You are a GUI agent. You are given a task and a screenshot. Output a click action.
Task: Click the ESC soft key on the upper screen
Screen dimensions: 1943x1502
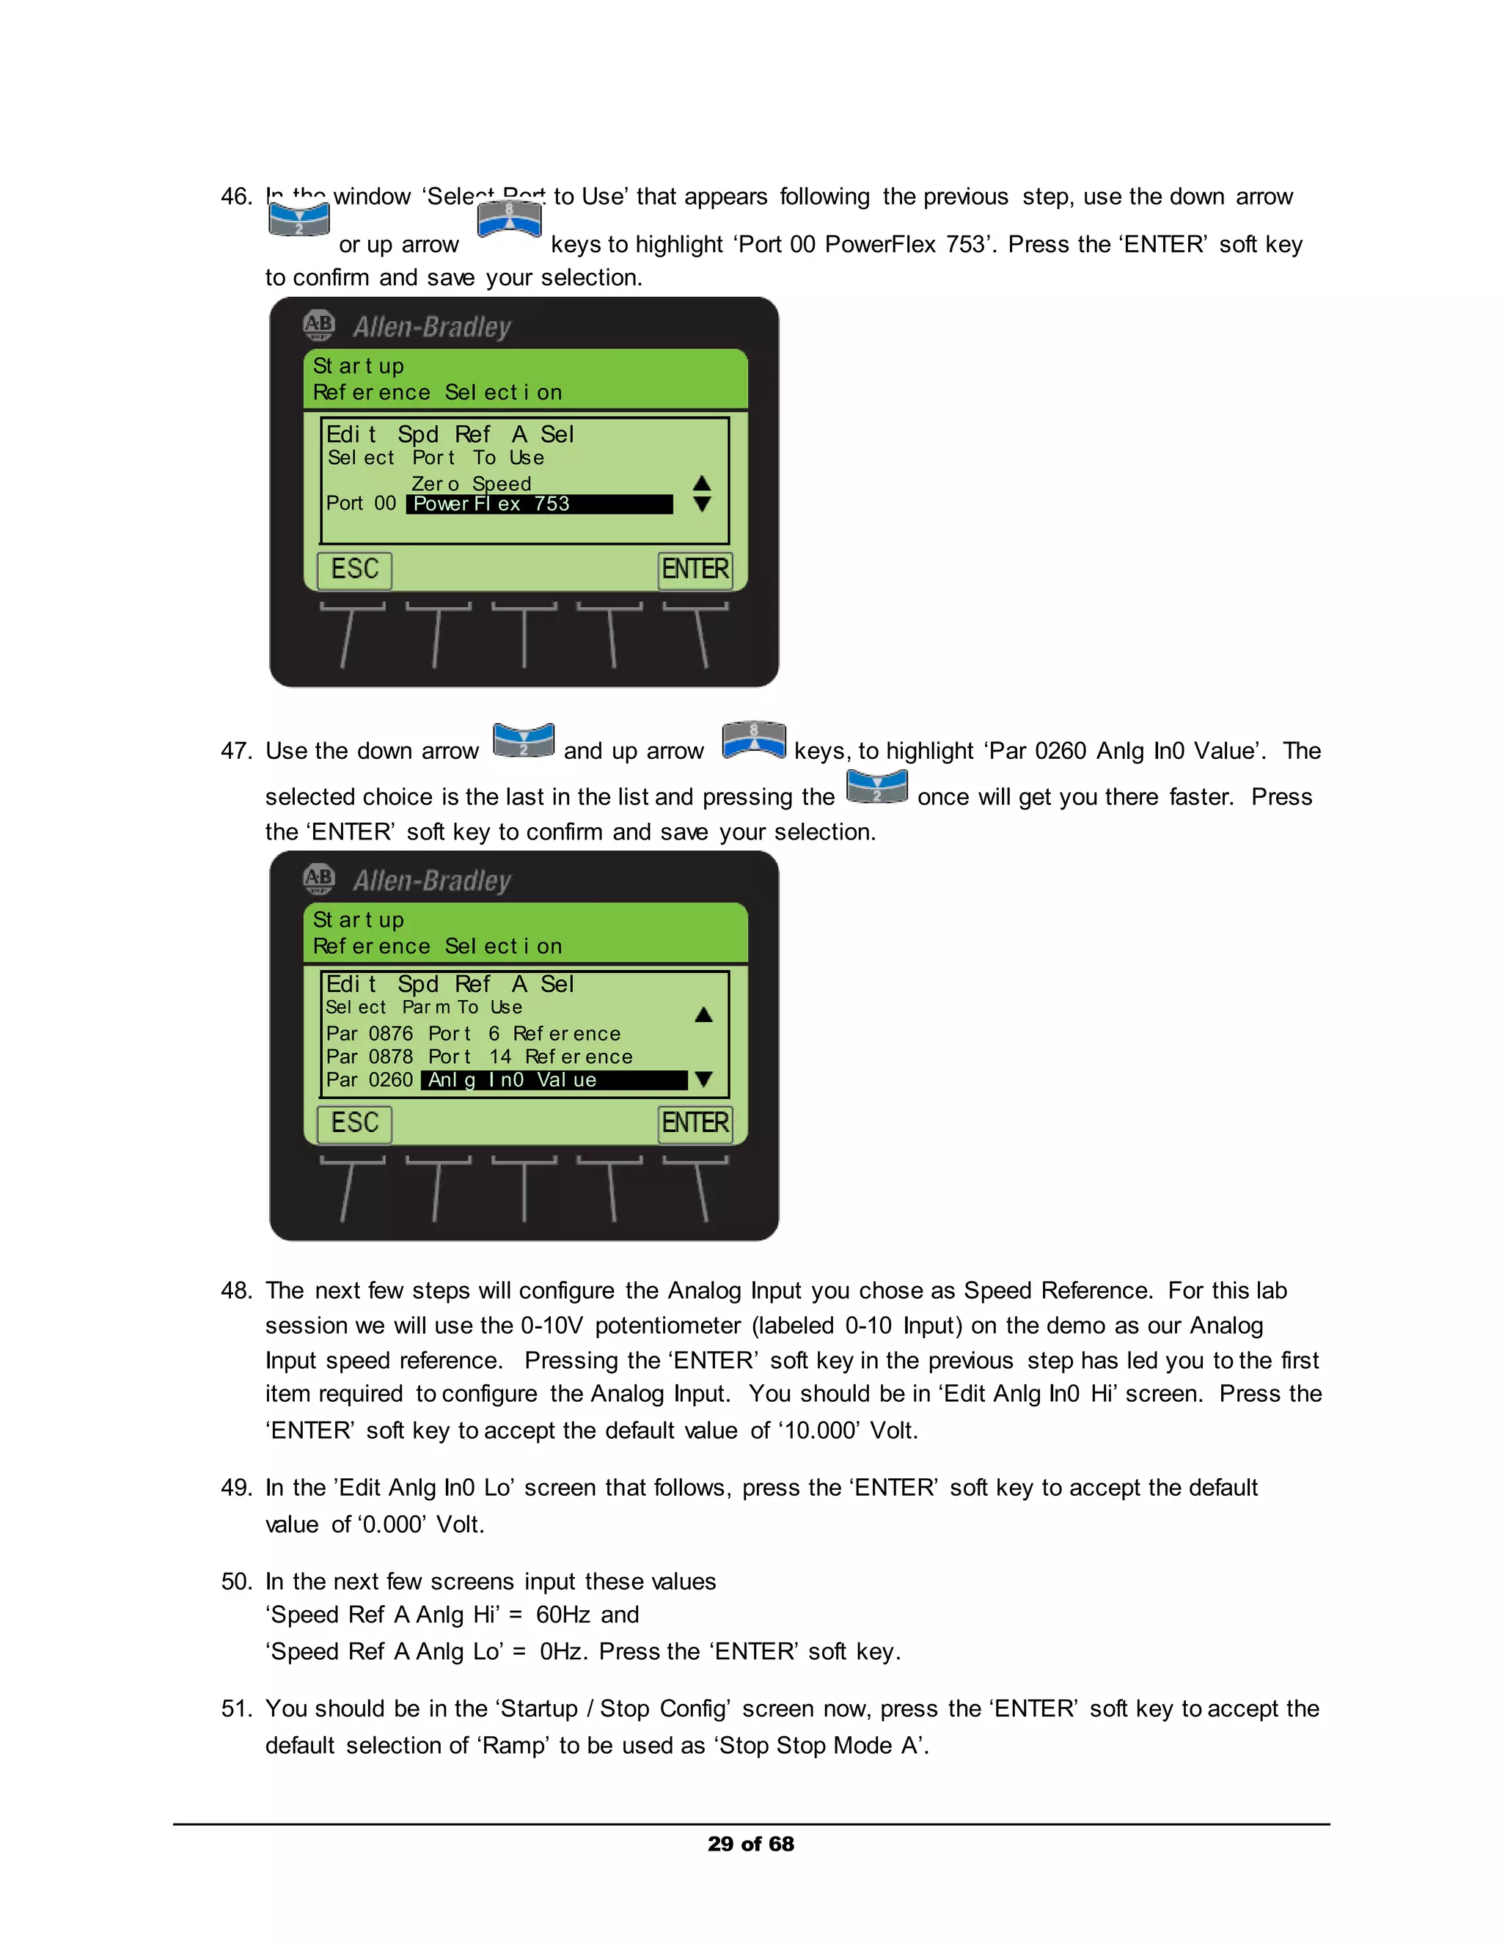[354, 570]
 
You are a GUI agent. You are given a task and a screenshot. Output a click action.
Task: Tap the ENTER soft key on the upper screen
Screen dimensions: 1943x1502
[695, 570]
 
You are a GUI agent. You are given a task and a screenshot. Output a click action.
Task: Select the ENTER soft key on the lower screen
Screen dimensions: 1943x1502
[695, 1123]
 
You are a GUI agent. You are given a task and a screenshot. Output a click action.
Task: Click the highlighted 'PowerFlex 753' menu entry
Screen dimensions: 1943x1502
[539, 504]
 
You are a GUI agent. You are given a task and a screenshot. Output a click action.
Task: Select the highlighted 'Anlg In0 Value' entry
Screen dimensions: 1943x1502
[554, 1080]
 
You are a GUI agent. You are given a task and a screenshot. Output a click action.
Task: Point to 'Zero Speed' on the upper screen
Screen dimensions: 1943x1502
[471, 484]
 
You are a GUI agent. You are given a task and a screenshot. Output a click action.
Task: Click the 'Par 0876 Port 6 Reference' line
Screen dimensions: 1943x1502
[472, 1034]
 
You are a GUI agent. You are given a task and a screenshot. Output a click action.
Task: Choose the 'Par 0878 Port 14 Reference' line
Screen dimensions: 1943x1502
[479, 1057]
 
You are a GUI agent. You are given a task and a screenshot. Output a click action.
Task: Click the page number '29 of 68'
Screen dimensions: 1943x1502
[750, 1844]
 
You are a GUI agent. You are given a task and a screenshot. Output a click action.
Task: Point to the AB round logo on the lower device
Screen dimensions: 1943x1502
[318, 879]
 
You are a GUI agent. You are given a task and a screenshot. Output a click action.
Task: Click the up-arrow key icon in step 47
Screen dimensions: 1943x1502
[754, 741]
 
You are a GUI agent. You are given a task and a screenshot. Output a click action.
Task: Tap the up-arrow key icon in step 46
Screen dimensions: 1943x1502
[509, 218]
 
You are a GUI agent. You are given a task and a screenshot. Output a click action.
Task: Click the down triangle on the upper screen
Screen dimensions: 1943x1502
[702, 504]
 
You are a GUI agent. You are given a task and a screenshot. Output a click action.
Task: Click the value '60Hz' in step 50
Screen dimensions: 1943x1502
[562, 1615]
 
